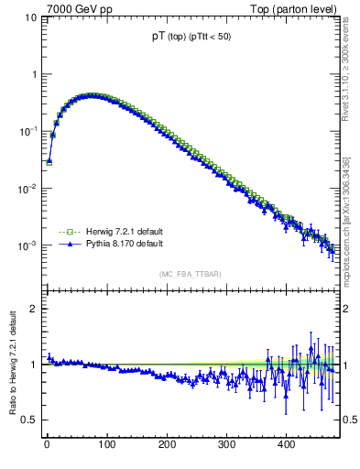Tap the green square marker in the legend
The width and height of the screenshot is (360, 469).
66,232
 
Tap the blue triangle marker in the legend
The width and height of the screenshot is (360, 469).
66,245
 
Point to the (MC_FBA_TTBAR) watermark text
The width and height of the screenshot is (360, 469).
191,274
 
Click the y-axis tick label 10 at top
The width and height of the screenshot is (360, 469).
30,17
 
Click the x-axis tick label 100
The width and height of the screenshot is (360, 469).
106,445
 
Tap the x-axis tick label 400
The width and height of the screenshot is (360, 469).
286,445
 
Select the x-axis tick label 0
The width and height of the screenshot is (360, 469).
47,445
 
